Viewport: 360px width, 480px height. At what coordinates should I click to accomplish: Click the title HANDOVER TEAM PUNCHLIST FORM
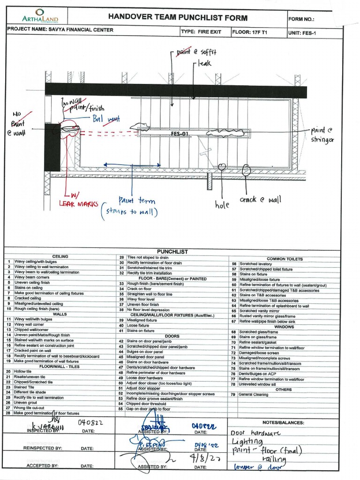point(178,17)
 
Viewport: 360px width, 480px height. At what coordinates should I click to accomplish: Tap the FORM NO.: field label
point(302,20)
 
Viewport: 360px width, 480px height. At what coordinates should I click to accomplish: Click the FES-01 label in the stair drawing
point(180,134)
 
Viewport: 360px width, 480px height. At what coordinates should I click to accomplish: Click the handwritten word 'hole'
point(222,204)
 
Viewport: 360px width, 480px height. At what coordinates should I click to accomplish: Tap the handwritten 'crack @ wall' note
point(260,200)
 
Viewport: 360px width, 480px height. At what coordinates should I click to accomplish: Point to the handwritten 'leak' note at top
point(205,62)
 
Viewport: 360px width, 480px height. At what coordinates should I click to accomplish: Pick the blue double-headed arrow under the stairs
point(132,165)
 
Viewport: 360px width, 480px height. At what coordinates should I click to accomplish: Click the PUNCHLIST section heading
point(172,252)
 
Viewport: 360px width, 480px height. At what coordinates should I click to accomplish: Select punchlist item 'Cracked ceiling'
point(28,298)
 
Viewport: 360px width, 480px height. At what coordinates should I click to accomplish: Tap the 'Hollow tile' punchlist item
point(23,371)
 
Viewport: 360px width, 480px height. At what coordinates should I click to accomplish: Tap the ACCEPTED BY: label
point(42,466)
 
